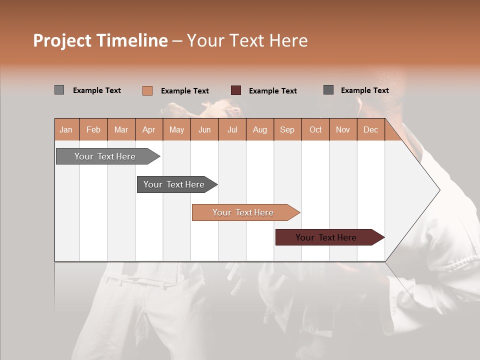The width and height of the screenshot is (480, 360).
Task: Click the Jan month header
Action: [x=66, y=129]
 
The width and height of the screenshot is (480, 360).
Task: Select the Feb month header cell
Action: [x=93, y=129]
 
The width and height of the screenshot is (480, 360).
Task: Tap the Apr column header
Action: [x=148, y=129]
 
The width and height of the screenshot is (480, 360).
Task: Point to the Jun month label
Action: [x=204, y=129]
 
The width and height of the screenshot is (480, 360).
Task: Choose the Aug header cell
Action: [x=259, y=129]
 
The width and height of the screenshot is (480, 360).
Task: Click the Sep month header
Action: [x=287, y=129]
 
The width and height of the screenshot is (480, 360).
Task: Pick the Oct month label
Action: [x=315, y=129]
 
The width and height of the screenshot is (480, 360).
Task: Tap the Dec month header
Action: [x=370, y=129]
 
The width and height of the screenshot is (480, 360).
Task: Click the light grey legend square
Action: [x=59, y=90]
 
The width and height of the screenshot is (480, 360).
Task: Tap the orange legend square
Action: [x=147, y=90]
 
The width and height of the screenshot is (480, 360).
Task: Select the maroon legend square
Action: [x=236, y=90]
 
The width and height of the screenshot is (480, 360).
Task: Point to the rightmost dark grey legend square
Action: [x=328, y=90]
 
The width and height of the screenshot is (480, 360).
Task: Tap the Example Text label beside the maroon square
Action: [x=272, y=91]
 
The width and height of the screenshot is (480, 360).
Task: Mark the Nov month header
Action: [x=343, y=129]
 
